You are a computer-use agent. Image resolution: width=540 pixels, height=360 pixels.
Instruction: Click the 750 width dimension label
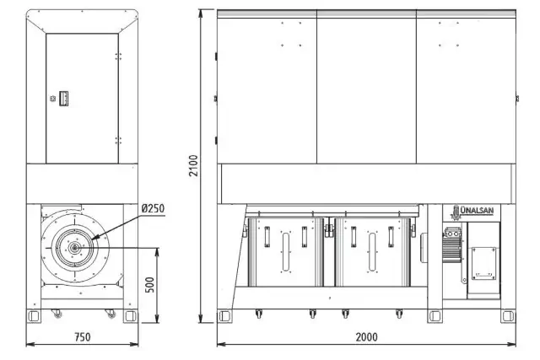[83, 337]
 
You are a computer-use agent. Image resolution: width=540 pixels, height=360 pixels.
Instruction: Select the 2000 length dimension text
[366, 337]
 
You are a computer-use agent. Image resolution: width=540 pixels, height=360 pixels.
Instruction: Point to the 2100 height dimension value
[194, 165]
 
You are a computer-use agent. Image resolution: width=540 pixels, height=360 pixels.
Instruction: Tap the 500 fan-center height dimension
[150, 285]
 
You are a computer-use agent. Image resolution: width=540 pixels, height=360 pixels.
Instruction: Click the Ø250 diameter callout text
[153, 208]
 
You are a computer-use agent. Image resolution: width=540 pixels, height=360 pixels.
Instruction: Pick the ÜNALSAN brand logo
[472, 212]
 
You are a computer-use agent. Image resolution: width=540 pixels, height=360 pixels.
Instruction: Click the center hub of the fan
[73, 247]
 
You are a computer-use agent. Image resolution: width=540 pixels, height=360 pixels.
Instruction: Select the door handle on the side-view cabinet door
[64, 99]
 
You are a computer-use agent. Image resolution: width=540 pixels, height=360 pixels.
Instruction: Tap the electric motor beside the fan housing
[452, 244]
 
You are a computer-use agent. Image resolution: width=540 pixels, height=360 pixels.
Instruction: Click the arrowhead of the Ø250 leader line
[94, 238]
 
